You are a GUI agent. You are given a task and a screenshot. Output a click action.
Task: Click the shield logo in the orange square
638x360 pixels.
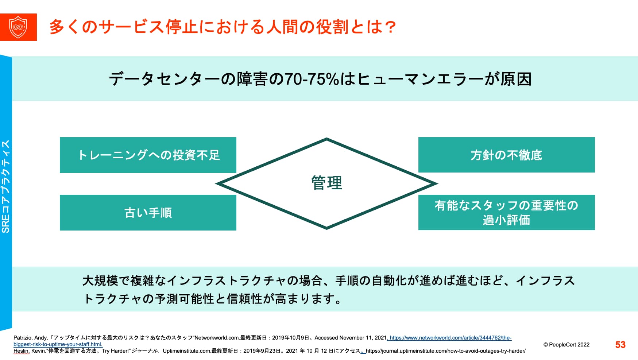click(x=18, y=27)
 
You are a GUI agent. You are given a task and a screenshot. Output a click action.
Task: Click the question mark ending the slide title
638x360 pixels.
click(x=390, y=27)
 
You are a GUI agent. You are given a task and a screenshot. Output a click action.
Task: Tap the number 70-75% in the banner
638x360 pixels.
click(x=312, y=79)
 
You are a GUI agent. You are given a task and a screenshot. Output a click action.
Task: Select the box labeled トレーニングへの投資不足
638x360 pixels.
click(x=148, y=155)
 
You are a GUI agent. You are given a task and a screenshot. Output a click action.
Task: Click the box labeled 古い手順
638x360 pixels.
click(x=148, y=213)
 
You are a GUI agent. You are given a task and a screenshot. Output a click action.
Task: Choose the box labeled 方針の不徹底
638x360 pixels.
click(x=506, y=155)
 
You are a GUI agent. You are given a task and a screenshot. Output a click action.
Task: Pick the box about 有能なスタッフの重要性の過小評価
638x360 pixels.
click(x=506, y=213)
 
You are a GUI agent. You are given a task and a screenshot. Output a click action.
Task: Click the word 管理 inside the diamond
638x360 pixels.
click(x=326, y=183)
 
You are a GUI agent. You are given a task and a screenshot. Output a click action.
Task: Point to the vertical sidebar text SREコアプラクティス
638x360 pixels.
click(x=6, y=186)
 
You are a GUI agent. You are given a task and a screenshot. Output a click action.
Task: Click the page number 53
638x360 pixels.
click(x=620, y=345)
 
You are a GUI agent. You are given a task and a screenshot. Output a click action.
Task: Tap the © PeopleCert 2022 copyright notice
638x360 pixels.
click(x=566, y=345)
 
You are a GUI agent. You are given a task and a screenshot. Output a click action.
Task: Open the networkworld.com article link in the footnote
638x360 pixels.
click(x=450, y=338)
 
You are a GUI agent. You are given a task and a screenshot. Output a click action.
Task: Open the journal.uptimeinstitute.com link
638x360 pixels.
click(x=445, y=351)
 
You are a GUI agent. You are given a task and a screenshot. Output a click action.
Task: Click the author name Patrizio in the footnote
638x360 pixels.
click(x=23, y=338)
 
